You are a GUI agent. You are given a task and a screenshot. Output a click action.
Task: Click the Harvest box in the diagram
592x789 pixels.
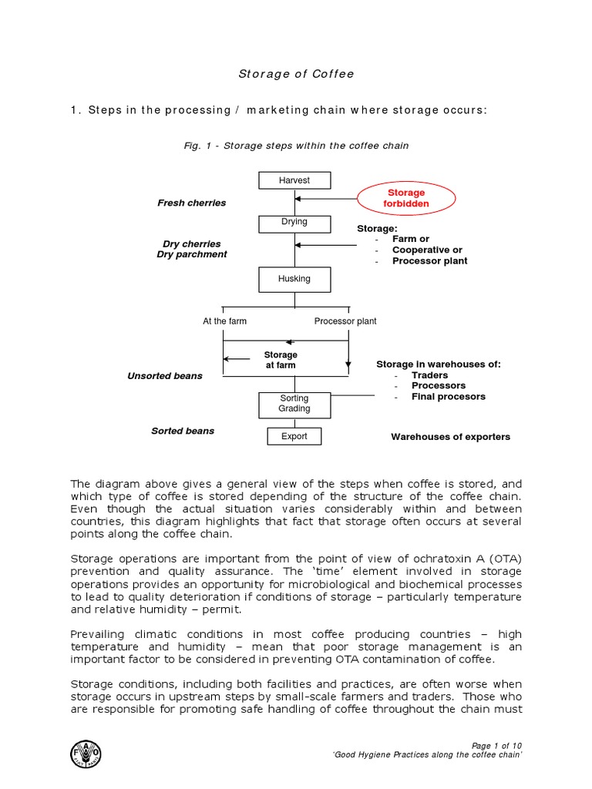(x=294, y=180)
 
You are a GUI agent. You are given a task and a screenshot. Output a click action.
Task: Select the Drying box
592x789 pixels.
(x=294, y=223)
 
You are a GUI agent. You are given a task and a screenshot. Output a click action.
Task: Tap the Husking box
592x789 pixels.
(x=294, y=279)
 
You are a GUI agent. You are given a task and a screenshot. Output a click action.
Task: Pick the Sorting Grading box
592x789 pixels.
(x=294, y=404)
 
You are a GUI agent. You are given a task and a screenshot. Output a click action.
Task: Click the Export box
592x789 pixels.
(x=294, y=436)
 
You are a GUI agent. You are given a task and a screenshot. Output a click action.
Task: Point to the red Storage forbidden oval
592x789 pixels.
(x=406, y=198)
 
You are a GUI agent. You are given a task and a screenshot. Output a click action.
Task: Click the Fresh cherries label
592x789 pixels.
(x=192, y=203)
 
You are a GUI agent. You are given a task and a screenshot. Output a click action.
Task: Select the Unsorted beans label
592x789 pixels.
(x=165, y=376)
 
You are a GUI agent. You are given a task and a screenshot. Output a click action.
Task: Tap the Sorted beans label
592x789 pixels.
(x=183, y=431)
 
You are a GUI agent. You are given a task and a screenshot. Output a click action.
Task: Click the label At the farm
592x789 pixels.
(x=225, y=321)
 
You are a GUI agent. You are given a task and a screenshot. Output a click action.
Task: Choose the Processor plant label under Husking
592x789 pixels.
(x=345, y=321)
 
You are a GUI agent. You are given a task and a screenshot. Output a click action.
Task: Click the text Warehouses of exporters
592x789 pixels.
(x=450, y=437)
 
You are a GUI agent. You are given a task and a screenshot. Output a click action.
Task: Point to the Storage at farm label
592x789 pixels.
(x=281, y=360)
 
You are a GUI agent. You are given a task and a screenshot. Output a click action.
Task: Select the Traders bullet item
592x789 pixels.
(x=429, y=375)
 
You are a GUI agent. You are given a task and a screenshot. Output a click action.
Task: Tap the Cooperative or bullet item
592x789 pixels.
(x=427, y=250)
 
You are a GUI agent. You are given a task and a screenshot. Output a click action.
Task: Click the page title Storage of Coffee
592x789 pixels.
(x=295, y=74)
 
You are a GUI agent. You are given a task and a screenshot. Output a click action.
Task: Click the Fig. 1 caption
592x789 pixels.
(x=295, y=146)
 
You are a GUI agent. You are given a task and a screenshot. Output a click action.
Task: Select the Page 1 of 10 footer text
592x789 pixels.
(x=496, y=745)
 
